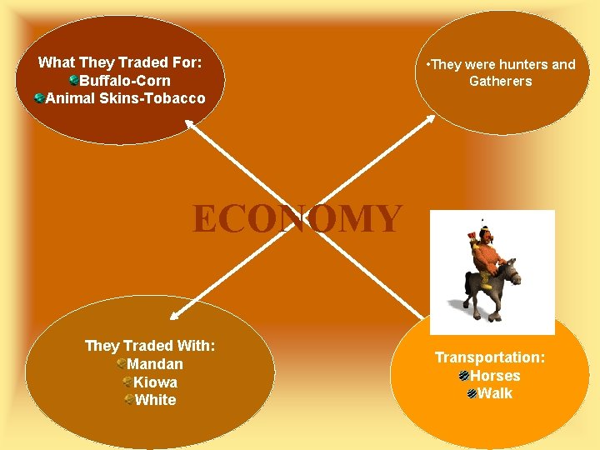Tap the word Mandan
155,364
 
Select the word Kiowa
156,382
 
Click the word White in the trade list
156,400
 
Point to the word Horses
495,376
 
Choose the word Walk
496,393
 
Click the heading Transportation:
490,357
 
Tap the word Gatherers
500,81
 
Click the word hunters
516,64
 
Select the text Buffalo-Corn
125,81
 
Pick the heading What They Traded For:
120,62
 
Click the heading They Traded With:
150,346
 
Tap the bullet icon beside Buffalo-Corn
74,81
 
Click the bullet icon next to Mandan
122,364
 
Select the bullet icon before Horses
464,376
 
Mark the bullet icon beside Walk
472,393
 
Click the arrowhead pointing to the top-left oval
189,124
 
